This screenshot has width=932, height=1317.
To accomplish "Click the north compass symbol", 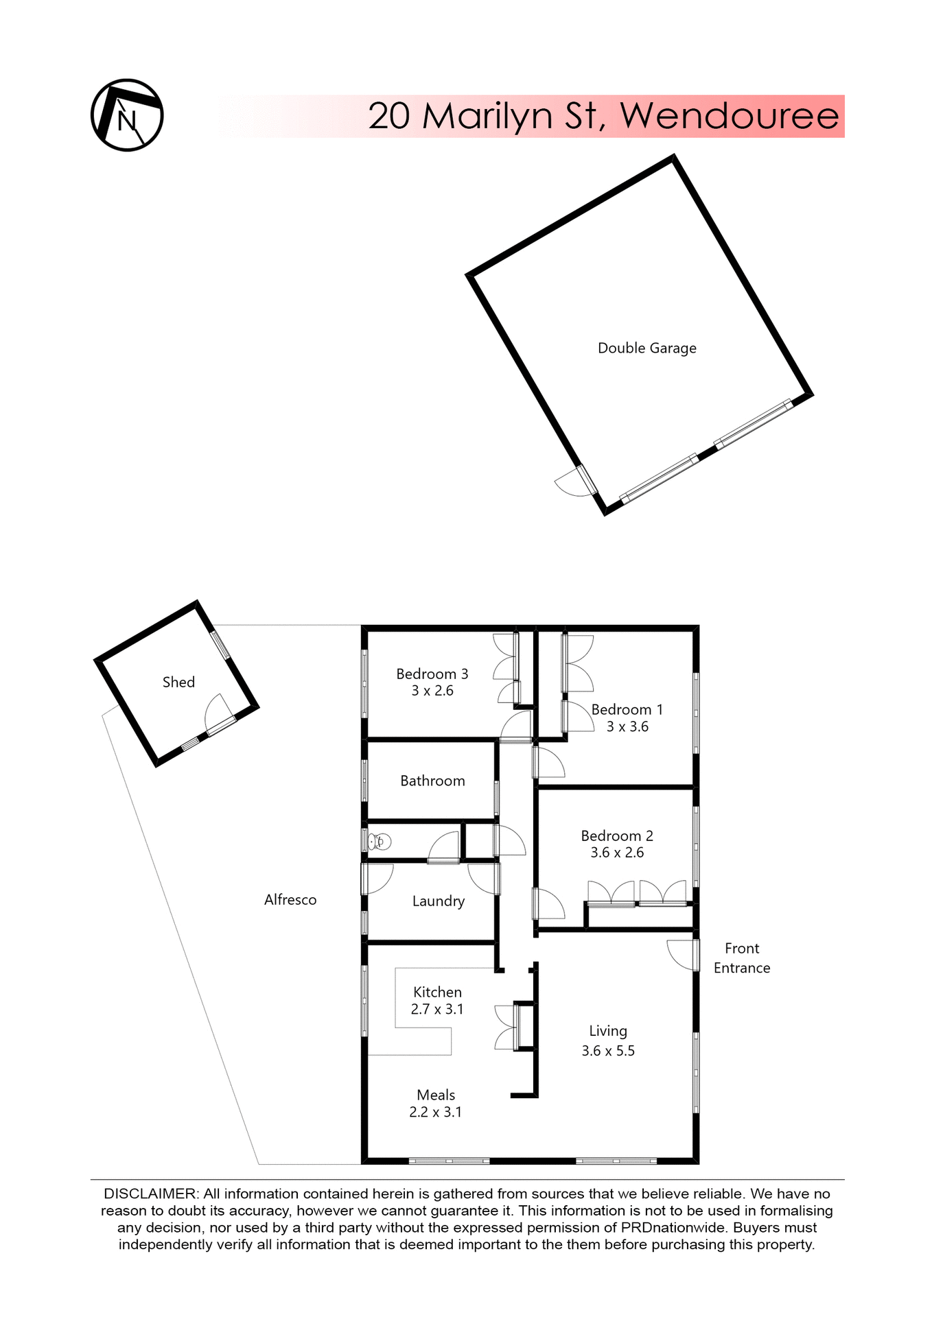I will point(127,115).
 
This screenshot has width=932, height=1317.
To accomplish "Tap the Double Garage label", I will point(646,348).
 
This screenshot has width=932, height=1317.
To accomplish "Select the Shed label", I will point(178,683).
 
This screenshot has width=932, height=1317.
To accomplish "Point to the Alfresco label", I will point(290,900).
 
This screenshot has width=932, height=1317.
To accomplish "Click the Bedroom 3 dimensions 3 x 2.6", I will point(432,691).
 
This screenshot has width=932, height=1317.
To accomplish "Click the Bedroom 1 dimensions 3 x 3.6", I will point(627,727).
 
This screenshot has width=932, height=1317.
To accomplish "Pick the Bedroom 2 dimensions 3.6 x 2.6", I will point(617,853).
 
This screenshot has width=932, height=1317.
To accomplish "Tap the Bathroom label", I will point(432,781).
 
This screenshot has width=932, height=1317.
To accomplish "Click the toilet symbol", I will point(380,842).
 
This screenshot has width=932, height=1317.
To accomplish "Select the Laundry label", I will point(438,901).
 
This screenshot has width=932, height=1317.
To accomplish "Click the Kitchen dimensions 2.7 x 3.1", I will point(437,1010).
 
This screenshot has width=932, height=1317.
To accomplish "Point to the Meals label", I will point(436,1095).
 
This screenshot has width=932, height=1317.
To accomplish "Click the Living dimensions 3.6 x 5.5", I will point(608,1051).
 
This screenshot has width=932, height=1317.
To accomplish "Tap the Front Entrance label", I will point(742,958).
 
